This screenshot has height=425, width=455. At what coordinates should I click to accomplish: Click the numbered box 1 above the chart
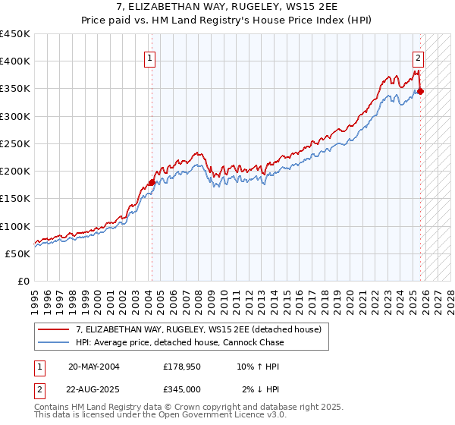pyautogui.click(x=149, y=57)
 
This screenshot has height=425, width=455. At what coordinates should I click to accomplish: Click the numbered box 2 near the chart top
pyautogui.click(x=418, y=57)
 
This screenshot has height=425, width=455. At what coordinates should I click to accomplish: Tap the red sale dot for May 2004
pyautogui.click(x=152, y=182)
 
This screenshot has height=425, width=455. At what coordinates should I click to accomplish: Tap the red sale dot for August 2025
pyautogui.click(x=421, y=91)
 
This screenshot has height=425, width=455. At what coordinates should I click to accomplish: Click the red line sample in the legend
pyautogui.click(x=54, y=329)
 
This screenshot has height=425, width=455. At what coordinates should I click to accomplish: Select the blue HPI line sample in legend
pyautogui.click(x=54, y=342)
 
